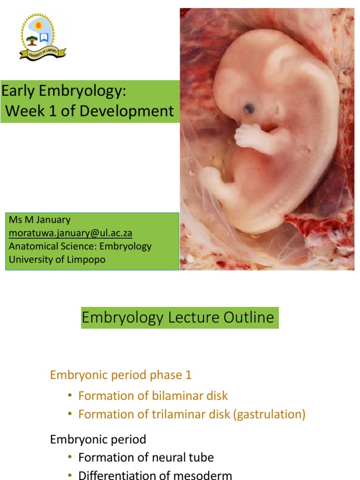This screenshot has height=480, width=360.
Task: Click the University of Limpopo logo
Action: pos(43,37)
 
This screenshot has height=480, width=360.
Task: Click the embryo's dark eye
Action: pos(249,109)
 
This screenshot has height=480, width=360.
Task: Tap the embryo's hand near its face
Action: pos(248,136)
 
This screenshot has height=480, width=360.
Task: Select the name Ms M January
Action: pos(39,219)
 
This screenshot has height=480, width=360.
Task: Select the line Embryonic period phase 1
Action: pos(120,375)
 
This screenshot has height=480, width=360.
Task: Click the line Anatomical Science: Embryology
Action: pos(80,246)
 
